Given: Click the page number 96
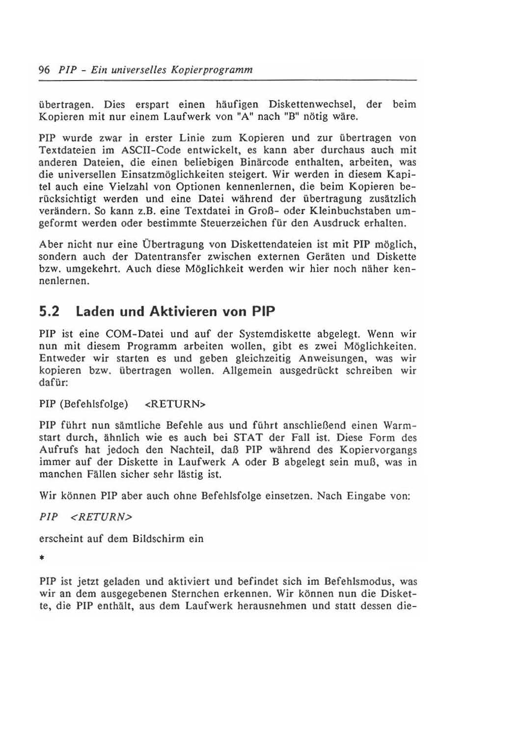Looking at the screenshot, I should pyautogui.click(x=44, y=70).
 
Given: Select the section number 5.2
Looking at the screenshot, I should pyautogui.click(x=50, y=312).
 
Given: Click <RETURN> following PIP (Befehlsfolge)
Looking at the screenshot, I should pyautogui.click(x=175, y=404).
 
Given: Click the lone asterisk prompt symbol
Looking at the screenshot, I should pyautogui.click(x=43, y=559).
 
